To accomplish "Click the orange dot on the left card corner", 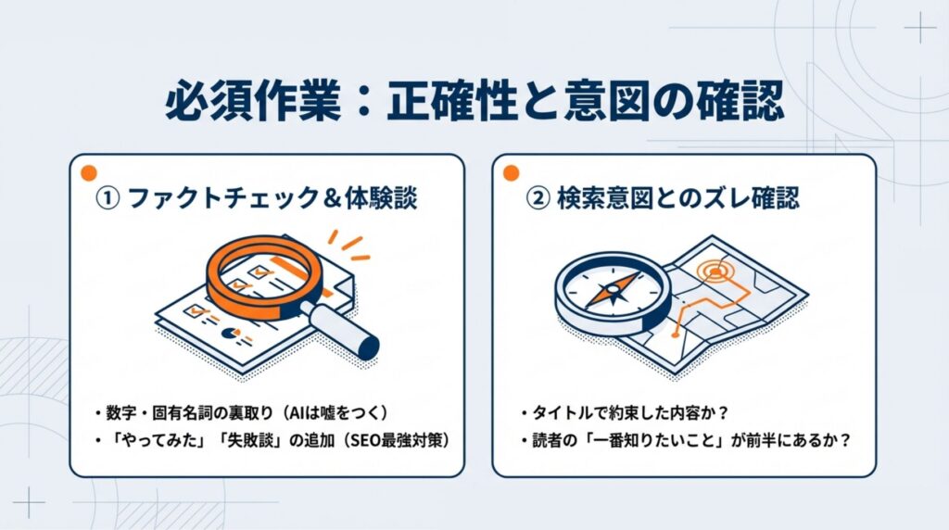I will tap(88, 173).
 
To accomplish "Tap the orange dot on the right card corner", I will tap(509, 173).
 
